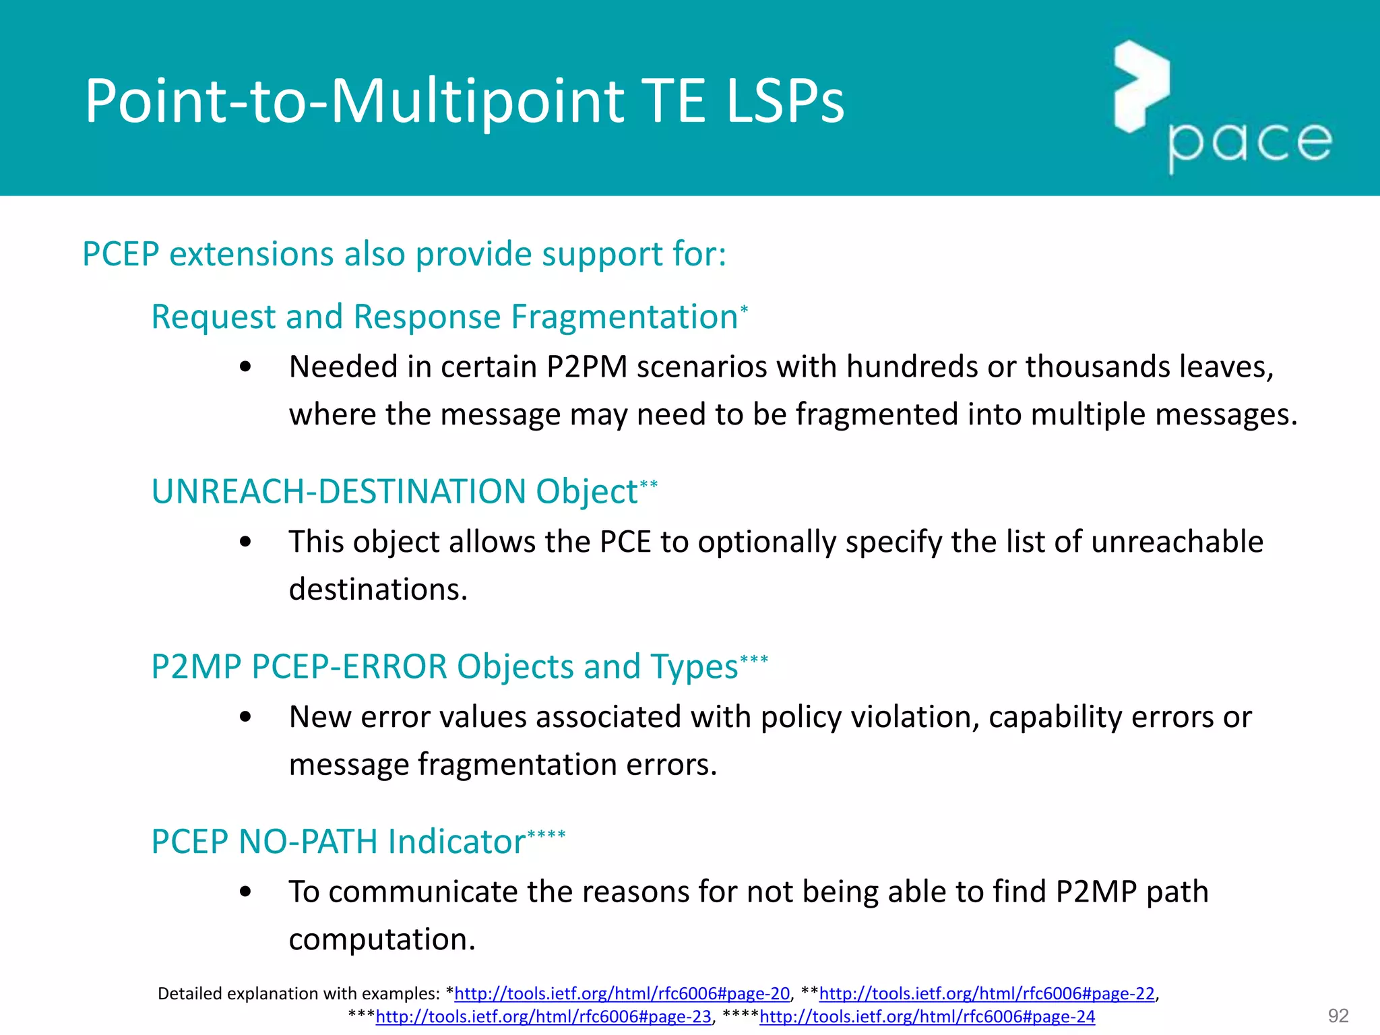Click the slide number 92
(x=1338, y=1015)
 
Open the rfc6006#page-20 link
(x=622, y=993)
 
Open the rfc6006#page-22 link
(x=986, y=993)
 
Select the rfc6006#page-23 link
(x=543, y=1016)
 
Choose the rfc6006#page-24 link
(x=927, y=1016)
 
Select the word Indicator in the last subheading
(x=456, y=842)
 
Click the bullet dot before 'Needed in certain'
(x=245, y=367)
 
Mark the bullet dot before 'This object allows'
(x=245, y=542)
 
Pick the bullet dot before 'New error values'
(x=245, y=717)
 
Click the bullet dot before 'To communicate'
(x=245, y=892)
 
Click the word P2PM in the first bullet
(x=586, y=367)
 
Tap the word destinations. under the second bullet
(x=378, y=590)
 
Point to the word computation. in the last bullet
(x=382, y=939)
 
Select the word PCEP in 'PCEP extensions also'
(x=121, y=254)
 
